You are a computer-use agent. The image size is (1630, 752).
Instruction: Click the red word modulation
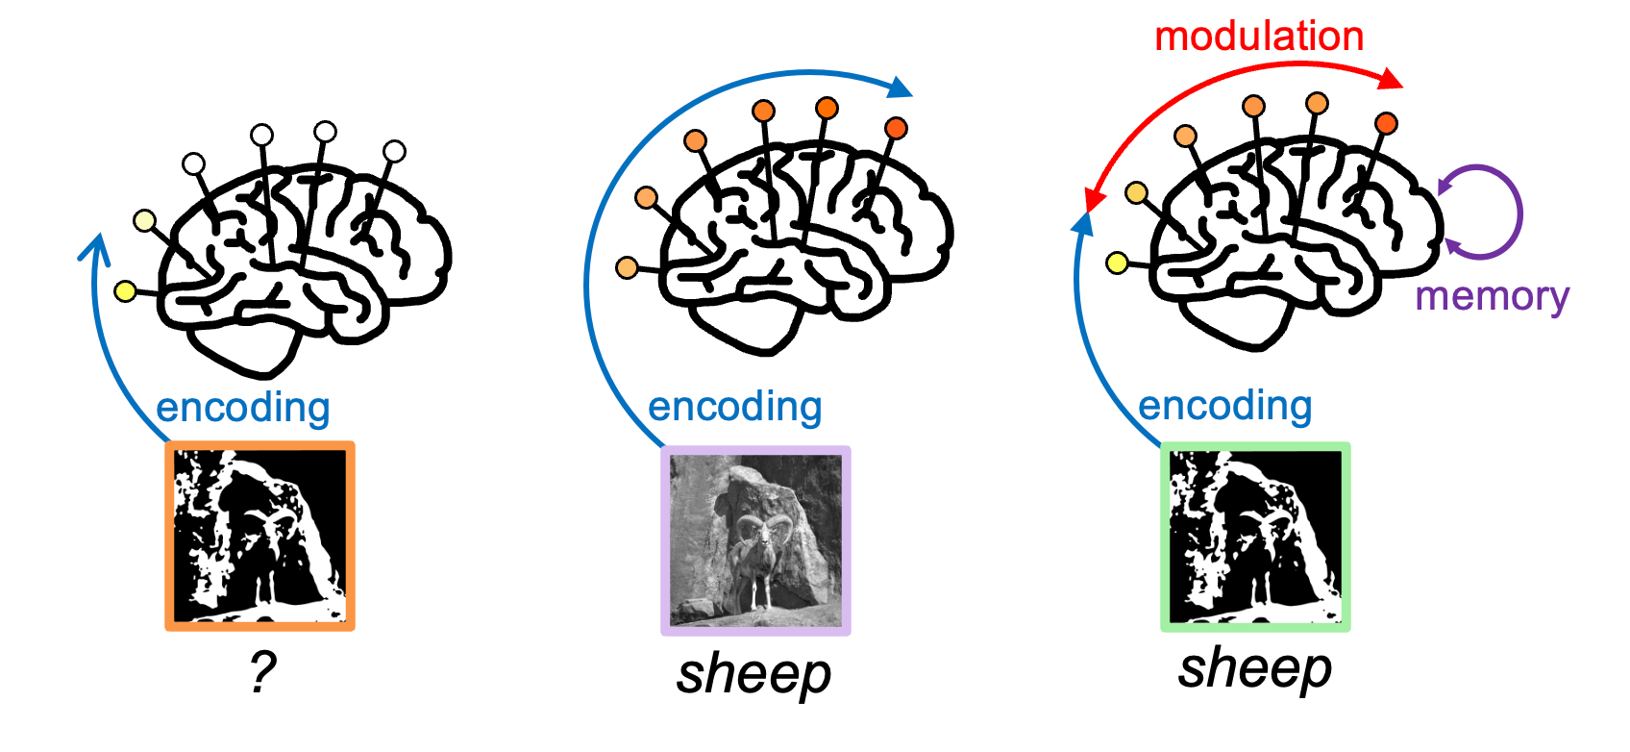[1259, 37]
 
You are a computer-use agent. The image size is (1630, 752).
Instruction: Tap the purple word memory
[1492, 296]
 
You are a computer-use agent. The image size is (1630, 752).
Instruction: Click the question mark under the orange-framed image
[261, 672]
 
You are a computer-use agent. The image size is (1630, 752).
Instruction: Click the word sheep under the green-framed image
[1255, 668]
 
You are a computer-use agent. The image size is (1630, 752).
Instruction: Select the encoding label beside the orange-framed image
[243, 408]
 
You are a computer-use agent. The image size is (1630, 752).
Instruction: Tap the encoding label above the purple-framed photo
[735, 407]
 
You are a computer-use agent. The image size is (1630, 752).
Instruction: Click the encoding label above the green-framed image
[1225, 406]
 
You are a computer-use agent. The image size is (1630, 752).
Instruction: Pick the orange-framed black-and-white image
[260, 536]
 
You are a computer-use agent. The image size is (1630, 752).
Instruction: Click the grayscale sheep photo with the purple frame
[755, 539]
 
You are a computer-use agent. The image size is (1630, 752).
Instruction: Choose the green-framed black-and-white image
[1255, 537]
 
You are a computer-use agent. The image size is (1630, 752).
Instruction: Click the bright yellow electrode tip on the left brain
[125, 290]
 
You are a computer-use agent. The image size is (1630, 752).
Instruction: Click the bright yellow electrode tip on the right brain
[1117, 263]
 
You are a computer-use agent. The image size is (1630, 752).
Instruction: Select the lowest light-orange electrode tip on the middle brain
[627, 267]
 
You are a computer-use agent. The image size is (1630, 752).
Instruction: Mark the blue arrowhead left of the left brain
[93, 247]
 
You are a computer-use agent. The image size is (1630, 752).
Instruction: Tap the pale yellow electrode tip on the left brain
[145, 220]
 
